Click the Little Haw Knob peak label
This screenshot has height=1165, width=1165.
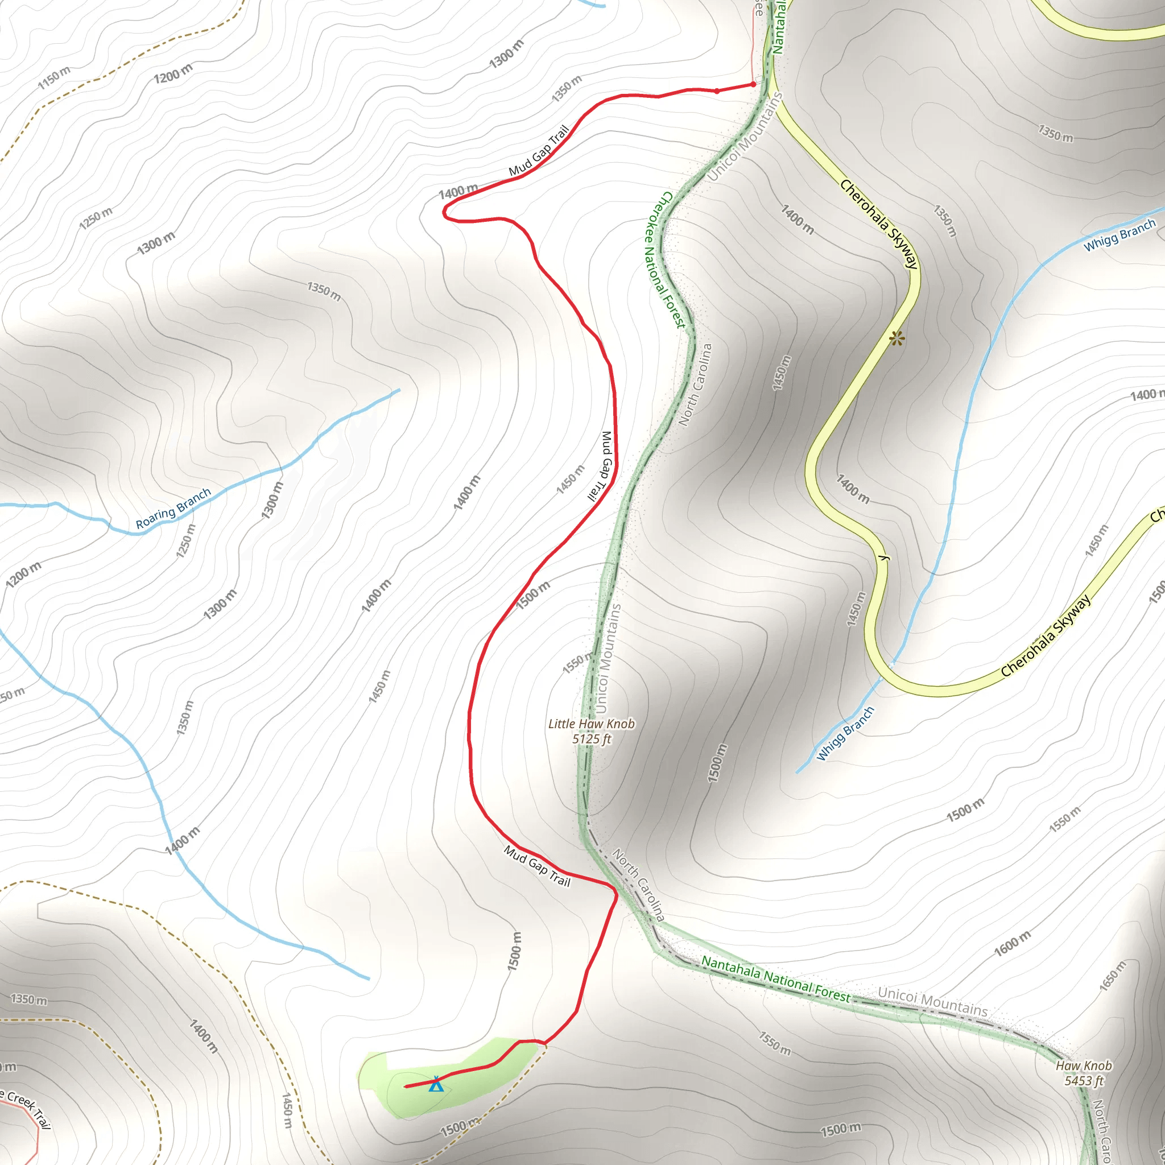[x=591, y=724]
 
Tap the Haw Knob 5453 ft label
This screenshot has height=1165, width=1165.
[x=1084, y=1073]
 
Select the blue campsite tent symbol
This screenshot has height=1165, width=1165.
[x=436, y=1084]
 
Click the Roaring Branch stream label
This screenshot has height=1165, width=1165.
[x=173, y=509]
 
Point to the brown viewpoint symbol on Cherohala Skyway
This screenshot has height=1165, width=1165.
[x=897, y=338]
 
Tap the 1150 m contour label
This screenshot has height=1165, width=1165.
[x=53, y=77]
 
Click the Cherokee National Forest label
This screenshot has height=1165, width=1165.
[x=664, y=259]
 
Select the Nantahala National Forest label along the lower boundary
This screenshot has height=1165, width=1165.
[x=775, y=980]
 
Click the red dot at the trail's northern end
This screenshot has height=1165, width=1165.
[x=753, y=84]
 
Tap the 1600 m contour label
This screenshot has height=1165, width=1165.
[x=1013, y=944]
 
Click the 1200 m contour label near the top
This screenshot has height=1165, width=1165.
[x=173, y=73]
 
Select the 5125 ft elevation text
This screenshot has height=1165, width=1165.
[x=592, y=740]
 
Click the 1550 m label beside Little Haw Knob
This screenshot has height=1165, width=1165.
[x=578, y=662]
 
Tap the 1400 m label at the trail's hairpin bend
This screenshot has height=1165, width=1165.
[x=458, y=192]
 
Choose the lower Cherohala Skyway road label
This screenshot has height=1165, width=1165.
[x=1046, y=635]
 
